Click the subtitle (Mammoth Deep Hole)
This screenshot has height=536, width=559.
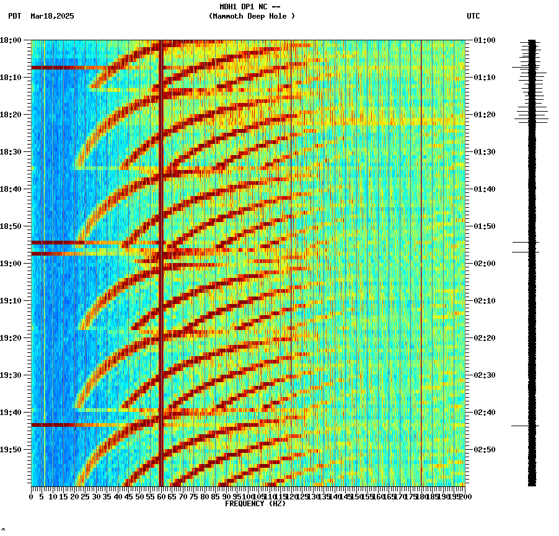(x=252, y=16)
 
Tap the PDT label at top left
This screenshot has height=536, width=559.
(x=14, y=16)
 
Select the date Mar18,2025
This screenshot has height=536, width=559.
(x=52, y=16)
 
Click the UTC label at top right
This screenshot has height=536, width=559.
(x=473, y=16)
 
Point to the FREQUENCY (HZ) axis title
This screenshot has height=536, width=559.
(x=255, y=504)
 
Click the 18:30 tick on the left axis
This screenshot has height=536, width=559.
(x=11, y=152)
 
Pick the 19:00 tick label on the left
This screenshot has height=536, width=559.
(x=11, y=264)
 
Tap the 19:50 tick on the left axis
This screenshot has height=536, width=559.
(x=11, y=450)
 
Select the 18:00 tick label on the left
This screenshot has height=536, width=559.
(x=11, y=40)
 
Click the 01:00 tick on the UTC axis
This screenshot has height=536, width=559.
(x=484, y=40)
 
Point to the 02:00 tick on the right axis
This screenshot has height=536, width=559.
(x=484, y=264)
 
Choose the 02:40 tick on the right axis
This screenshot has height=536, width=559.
(x=484, y=413)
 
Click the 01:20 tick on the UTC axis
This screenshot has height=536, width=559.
(x=484, y=115)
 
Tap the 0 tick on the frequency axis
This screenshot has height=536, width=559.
(x=32, y=496)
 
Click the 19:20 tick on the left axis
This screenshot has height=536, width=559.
(x=11, y=338)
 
